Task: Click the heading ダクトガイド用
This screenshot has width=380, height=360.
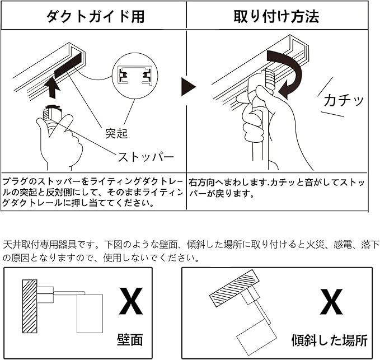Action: click(95, 16)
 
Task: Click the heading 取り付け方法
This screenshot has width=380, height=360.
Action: click(276, 16)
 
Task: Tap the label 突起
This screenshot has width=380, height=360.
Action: click(117, 134)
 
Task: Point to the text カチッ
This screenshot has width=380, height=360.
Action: click(343, 101)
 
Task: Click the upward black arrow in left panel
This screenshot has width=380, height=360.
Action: click(52, 87)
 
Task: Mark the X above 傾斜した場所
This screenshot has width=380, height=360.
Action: click(331, 303)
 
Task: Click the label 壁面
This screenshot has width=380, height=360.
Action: click(130, 339)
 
